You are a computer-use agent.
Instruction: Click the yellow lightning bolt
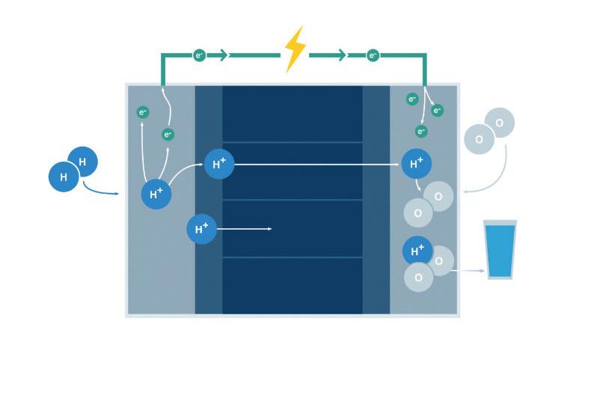295,49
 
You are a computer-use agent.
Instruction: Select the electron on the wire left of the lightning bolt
199,55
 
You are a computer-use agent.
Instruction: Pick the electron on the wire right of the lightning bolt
373,55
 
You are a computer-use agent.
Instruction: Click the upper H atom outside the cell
82,162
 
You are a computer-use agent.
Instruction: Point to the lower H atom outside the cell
64,177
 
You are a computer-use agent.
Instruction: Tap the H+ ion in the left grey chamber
156,194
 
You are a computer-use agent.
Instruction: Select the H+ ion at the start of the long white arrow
219,164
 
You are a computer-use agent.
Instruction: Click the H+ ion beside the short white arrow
201,229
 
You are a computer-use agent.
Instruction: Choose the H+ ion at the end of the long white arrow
417,164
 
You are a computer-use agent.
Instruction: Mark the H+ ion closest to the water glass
417,250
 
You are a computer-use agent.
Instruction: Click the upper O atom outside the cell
499,123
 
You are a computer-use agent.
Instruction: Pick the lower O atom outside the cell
479,139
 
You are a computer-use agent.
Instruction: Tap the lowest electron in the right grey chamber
421,132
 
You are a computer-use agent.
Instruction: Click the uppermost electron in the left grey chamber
143,112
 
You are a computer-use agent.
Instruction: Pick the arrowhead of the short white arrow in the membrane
269,229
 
